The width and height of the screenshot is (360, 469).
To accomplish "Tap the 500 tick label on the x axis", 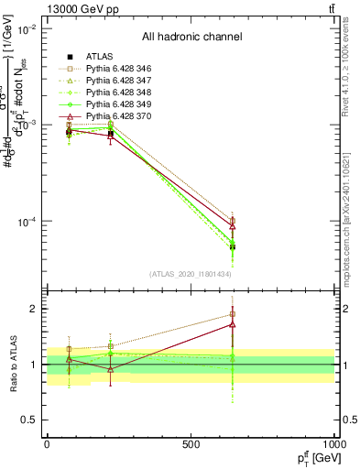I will [191, 444].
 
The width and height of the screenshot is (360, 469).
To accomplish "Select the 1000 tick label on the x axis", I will [333, 444].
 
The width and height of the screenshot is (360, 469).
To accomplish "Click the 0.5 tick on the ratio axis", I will [30, 420].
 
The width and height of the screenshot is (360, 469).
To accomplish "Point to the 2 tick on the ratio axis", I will [34, 309].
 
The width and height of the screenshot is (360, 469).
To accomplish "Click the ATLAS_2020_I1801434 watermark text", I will [191, 274].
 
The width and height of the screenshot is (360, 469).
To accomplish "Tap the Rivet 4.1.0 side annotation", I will [352, 73].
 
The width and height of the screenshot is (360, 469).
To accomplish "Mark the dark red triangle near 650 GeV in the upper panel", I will [233, 226].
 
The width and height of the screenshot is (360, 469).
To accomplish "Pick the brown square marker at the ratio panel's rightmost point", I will [233, 314].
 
